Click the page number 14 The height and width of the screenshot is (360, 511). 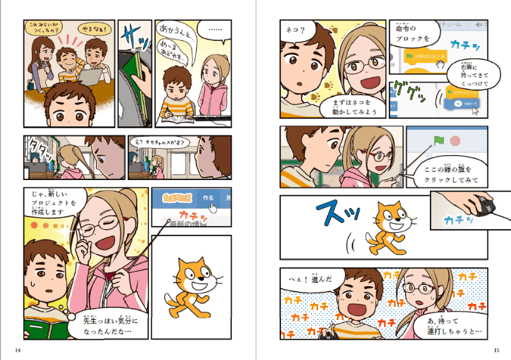pyautogui.click(x=17, y=350)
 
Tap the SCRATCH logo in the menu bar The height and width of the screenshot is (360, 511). pyautogui.click(x=172, y=198)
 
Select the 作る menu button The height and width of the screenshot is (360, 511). pyautogui.click(x=208, y=199)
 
